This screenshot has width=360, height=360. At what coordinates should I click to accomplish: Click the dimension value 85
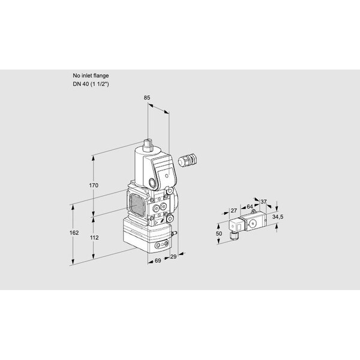pyautogui.click(x=147, y=98)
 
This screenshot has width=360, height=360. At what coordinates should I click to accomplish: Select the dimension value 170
pyautogui.click(x=94, y=185)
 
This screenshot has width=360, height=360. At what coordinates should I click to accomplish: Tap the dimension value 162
pyautogui.click(x=74, y=233)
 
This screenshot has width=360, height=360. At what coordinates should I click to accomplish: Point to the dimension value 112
pyautogui.click(x=94, y=238)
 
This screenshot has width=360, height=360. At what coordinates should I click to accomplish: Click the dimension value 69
pyautogui.click(x=158, y=260)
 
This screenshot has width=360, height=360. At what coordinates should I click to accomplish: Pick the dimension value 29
pyautogui.click(x=173, y=256)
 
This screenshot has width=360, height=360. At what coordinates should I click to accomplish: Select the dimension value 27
pyautogui.click(x=234, y=211)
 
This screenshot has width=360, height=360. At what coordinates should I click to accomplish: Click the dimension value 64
pyautogui.click(x=250, y=206)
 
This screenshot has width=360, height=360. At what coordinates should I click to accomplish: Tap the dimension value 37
pyautogui.click(x=263, y=202)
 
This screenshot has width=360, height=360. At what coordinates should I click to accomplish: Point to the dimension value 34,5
pyautogui.click(x=278, y=217)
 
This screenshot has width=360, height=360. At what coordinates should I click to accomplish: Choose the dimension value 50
pyautogui.click(x=219, y=233)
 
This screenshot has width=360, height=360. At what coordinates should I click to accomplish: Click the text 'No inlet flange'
pyautogui.click(x=91, y=76)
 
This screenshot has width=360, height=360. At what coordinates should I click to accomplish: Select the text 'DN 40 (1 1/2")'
pyautogui.click(x=91, y=84)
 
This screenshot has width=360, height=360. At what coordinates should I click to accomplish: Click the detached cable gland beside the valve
pyautogui.click(x=188, y=160)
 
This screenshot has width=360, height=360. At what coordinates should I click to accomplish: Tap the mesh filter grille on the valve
pyautogui.click(x=137, y=205)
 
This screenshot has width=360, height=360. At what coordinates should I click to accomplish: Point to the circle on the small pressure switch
pyautogui.click(x=253, y=223)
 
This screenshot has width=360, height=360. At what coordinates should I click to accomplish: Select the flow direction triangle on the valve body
pyautogui.click(x=156, y=223)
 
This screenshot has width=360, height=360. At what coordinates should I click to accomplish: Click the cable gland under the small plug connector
pyautogui.click(x=235, y=235)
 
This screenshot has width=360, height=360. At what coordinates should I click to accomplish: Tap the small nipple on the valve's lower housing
pyautogui.click(x=174, y=233)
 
